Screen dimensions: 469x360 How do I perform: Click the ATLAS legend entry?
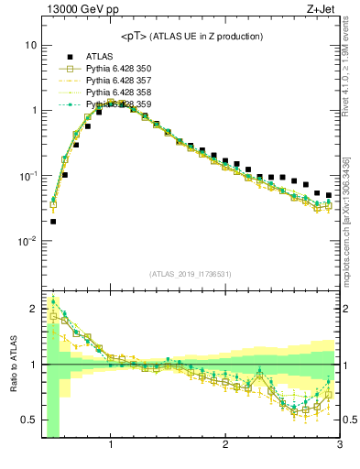(101, 57)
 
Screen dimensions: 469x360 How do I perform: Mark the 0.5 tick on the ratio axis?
(27, 420)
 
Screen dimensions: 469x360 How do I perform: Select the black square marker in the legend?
(67, 57)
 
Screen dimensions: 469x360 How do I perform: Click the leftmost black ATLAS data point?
(53, 221)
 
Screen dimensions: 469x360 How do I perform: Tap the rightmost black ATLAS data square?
(329, 195)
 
